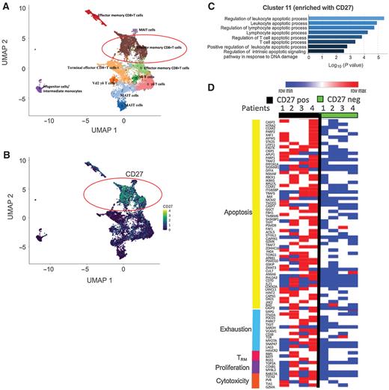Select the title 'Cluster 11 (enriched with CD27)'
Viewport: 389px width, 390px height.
pyautogui.click(x=292, y=7)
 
